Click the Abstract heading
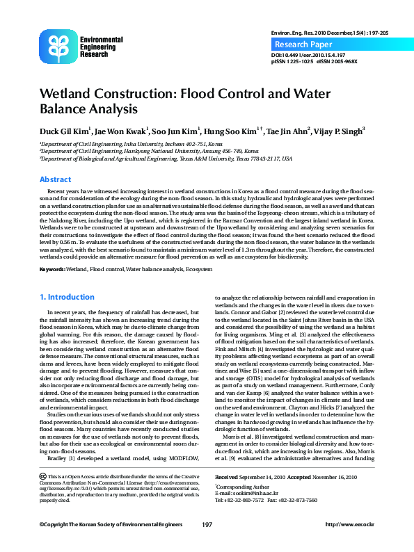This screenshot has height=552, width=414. pos(55,179)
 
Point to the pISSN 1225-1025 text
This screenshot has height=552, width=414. pos(290,61)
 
